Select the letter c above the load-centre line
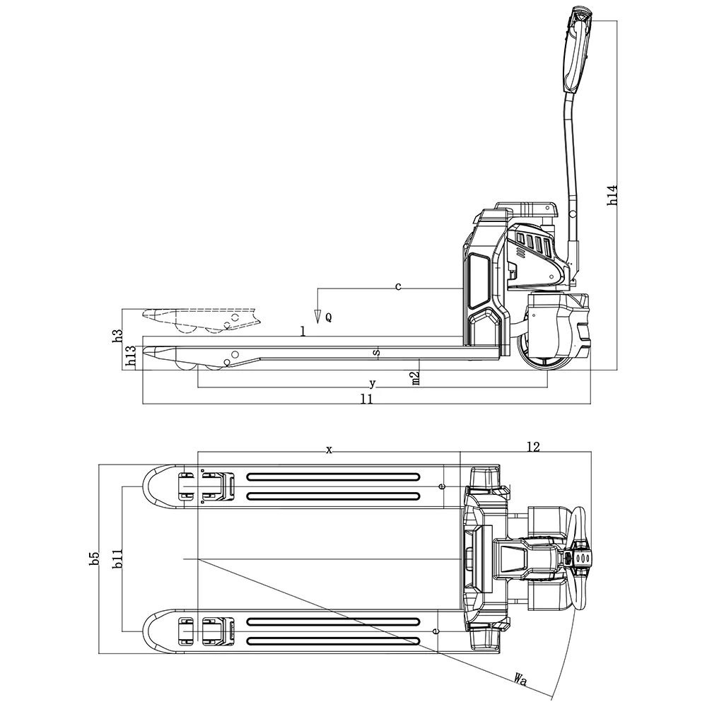398,286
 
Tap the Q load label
328,318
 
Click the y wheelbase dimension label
373,383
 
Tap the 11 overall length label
366,399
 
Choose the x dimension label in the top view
329,449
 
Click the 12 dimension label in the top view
534,446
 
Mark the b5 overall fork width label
94,559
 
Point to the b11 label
118,559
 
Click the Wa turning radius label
522,680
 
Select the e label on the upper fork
443,486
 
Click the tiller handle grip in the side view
577,49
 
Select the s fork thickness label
376,351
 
